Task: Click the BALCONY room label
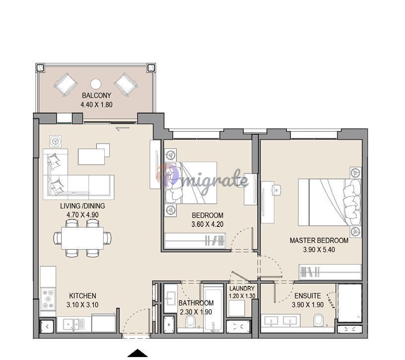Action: coord(96,95)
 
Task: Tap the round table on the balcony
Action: coord(96,84)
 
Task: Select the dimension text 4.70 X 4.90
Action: coord(82,215)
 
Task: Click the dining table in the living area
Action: coord(82,238)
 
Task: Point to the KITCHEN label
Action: coord(82,295)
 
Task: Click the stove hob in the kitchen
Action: coord(48,299)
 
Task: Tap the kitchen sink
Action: coord(73,324)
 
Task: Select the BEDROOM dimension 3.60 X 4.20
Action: coord(207,224)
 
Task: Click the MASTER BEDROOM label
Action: coord(319,241)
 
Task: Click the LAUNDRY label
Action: coord(242,288)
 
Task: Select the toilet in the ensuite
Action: coord(319,320)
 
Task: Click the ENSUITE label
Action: coord(308,295)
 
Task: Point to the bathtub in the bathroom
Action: coord(213,307)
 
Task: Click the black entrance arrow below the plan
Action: coord(137,353)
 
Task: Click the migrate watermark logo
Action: coord(202,179)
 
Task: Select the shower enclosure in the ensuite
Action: coord(349,303)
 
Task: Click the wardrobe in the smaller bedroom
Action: coord(195,241)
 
